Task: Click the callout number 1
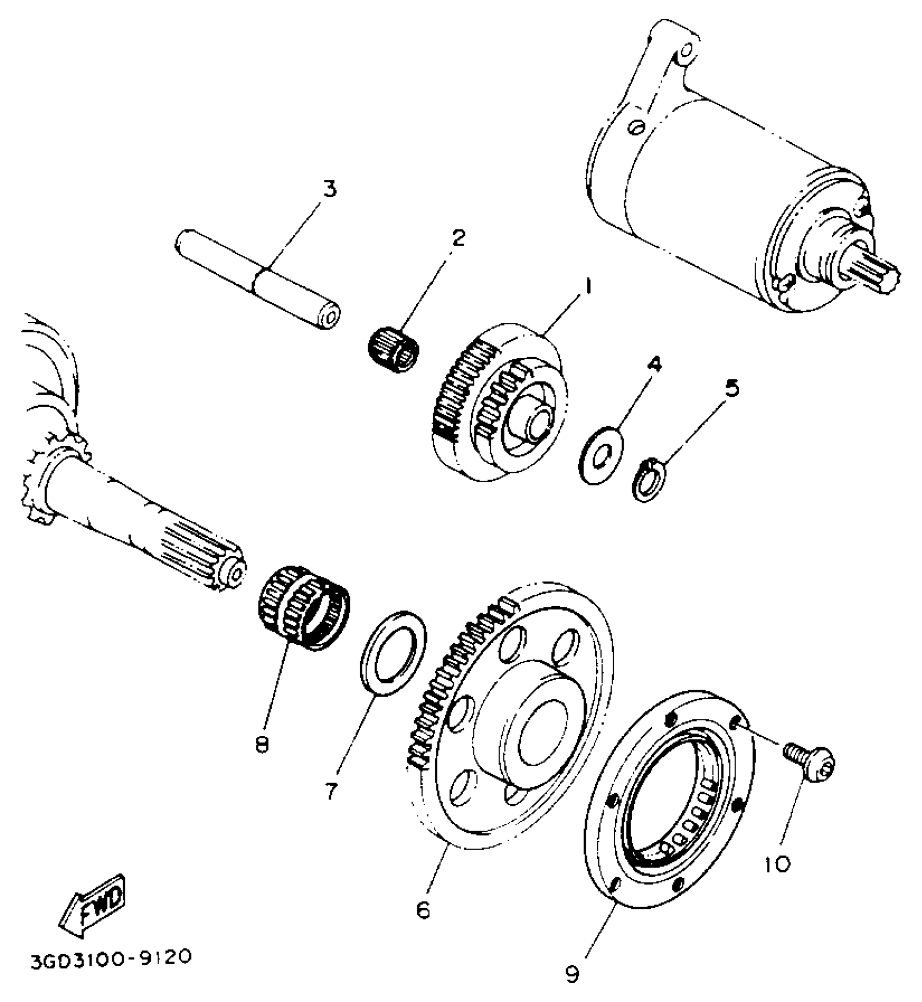[587, 286]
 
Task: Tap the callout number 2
[458, 237]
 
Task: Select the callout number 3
[329, 189]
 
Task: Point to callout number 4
[655, 364]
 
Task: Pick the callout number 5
[732, 388]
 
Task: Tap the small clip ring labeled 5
[649, 479]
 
